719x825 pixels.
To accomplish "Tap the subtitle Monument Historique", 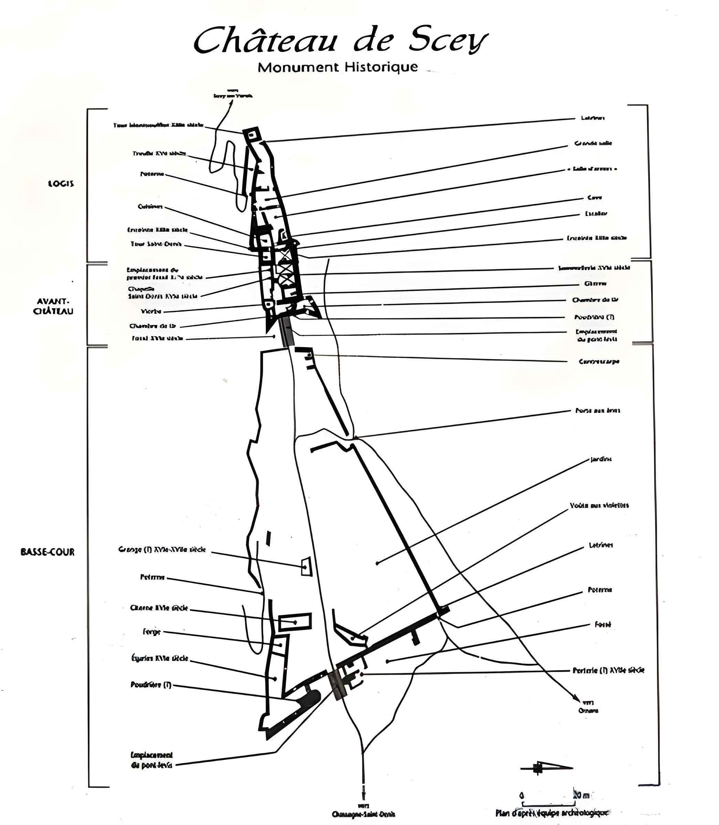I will pos(337,67).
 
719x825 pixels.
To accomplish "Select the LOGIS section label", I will pos(61,184).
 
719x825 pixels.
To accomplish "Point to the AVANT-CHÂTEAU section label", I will pos(53,306).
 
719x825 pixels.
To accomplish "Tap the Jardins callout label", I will pos(601,459).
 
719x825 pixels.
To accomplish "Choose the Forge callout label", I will pos(152,632).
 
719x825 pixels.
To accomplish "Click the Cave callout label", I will pos(594,197).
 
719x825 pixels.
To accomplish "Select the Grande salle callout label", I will pos(593,143).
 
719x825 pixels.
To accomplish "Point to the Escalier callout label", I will pos(596,213).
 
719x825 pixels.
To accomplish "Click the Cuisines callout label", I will pos(150,207).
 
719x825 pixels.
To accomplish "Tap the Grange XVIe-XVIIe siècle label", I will pos(162,549).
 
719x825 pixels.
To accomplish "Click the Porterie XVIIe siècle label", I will pos(608,670).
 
